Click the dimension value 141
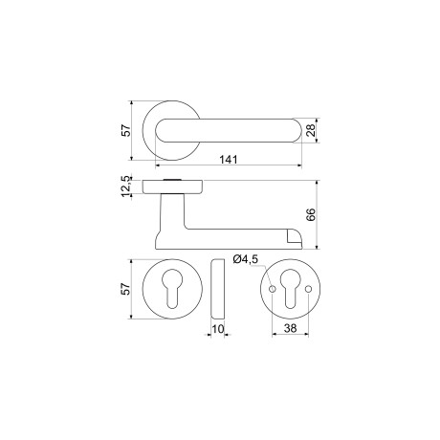tap(228, 159)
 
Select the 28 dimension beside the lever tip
tap(312, 131)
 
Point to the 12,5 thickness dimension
tap(125, 186)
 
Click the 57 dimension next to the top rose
tap(125, 130)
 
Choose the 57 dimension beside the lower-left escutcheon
tap(125, 290)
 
